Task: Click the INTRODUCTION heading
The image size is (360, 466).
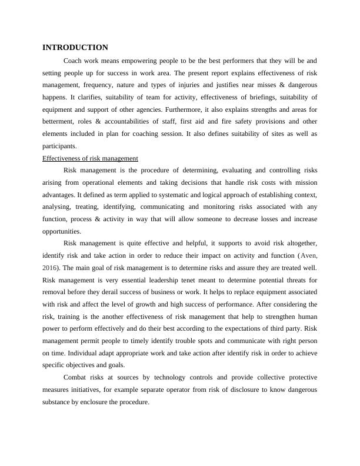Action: (x=75, y=47)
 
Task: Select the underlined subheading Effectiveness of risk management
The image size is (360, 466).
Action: (x=91, y=158)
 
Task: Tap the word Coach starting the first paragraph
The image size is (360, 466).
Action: (x=72, y=61)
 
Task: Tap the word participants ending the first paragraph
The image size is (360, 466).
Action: (x=59, y=146)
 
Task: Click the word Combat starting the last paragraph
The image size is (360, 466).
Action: (x=75, y=377)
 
